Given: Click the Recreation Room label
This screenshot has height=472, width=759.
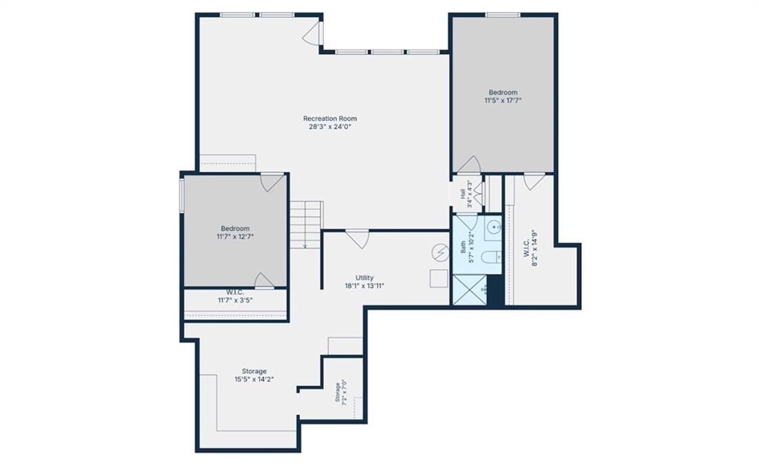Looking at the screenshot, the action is [330, 119].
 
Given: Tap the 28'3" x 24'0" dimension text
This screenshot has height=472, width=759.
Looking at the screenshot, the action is [330, 127].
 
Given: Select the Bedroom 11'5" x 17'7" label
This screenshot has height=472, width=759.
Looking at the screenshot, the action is [503, 96].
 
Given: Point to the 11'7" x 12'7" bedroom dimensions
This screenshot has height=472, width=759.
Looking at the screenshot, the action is [235, 236].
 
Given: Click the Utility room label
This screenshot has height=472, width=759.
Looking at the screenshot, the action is [365, 278].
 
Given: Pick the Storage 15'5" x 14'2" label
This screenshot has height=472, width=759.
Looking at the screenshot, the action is [254, 375].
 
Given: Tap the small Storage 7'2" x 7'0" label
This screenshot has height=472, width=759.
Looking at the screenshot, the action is [341, 392].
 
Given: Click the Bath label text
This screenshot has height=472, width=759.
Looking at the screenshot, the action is [463, 247].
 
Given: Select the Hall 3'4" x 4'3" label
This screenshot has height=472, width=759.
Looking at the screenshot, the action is [466, 193].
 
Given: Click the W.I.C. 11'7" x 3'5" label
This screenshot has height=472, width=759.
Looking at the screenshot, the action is [235, 296].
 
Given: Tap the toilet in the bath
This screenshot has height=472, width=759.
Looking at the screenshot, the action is [491, 256].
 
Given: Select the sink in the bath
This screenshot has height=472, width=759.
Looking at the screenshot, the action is [493, 225].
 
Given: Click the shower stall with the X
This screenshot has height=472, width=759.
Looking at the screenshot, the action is [469, 290].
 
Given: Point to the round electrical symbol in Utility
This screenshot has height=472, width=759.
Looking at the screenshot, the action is [440, 252].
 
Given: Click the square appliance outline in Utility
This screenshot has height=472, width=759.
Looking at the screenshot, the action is [439, 279].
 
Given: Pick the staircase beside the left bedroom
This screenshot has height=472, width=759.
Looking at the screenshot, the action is [306, 225].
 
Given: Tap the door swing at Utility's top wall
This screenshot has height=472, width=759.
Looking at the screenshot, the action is [358, 239].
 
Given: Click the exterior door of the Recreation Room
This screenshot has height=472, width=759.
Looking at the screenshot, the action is [313, 33].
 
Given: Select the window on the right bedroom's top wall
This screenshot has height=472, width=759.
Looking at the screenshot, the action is [503, 15].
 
